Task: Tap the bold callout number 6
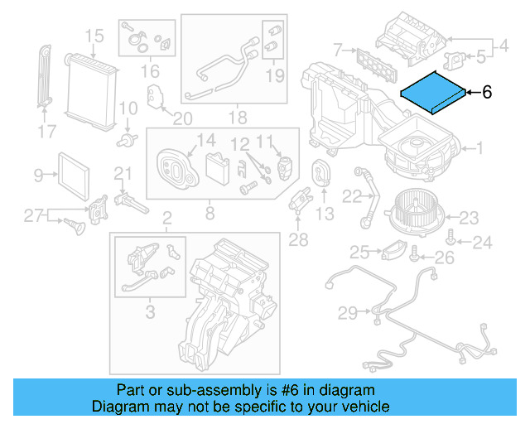(487, 93)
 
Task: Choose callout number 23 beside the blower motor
(469, 219)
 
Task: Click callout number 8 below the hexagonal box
(209, 214)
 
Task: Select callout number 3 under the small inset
(149, 312)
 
